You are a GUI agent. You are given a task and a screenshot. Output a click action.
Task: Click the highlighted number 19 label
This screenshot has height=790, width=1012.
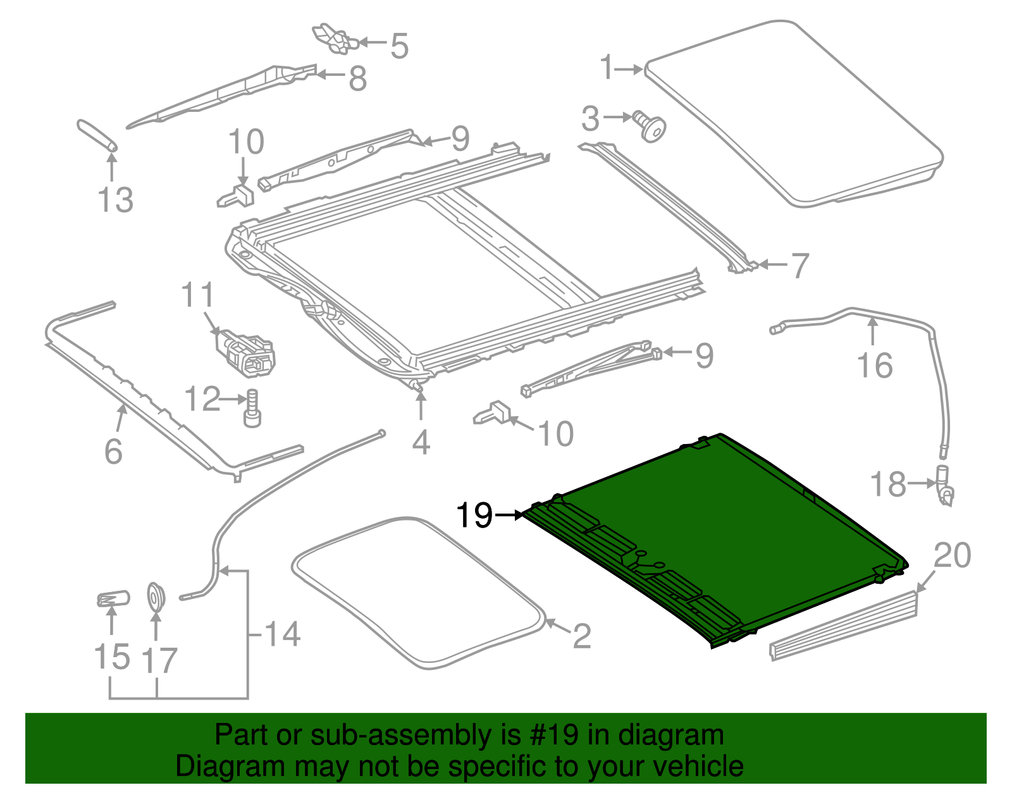(474, 515)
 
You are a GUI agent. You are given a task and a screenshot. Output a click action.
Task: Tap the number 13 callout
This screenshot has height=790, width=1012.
(116, 200)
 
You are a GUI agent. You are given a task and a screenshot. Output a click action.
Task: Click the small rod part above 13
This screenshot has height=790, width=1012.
(97, 134)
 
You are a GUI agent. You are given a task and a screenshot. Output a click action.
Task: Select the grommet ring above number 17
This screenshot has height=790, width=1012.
(156, 596)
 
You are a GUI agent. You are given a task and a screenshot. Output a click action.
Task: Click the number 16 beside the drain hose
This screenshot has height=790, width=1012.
(875, 366)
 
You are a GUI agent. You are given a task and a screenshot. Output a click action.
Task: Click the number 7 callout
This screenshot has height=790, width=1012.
(800, 265)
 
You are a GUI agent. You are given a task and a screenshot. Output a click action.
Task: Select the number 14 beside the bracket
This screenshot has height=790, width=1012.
(282, 634)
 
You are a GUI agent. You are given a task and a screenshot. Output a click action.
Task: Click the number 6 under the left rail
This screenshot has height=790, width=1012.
(113, 451)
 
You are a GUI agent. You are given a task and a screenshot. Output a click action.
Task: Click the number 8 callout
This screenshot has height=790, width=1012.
(357, 79)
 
